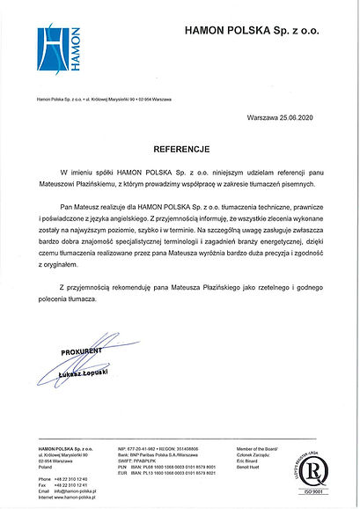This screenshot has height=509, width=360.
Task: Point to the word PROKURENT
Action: click(x=82, y=352)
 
